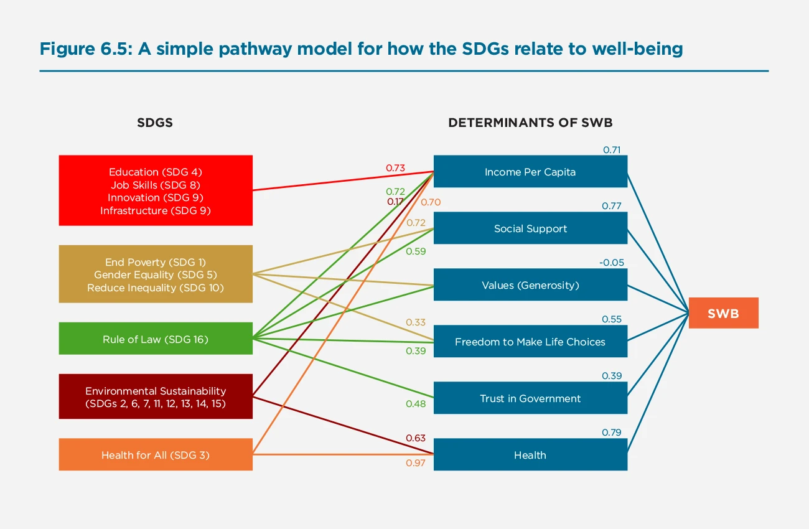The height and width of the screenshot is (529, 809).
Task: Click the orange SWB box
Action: [x=723, y=313]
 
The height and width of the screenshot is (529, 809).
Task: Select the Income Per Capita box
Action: [x=530, y=172]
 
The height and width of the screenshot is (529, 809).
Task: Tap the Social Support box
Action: [x=530, y=228]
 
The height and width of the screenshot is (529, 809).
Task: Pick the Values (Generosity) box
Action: [x=530, y=285]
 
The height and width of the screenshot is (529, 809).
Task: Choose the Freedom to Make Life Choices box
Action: [x=530, y=342]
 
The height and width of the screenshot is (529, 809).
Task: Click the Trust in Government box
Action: [x=530, y=398]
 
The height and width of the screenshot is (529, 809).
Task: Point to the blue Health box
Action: [x=530, y=455]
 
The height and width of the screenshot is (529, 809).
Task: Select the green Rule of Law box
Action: [x=156, y=339]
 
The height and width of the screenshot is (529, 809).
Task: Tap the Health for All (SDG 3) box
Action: [x=156, y=455]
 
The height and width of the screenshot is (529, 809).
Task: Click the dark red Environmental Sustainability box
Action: [x=156, y=396]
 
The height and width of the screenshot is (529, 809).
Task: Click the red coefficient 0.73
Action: [x=395, y=168]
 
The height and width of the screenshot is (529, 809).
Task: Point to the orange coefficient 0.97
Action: [x=416, y=464]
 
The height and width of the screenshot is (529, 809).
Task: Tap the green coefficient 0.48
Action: [x=416, y=404]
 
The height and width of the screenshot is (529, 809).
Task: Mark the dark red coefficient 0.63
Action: [x=416, y=438]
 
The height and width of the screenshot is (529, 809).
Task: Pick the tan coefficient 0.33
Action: [x=416, y=322]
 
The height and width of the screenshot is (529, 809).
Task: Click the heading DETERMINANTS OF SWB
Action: [x=530, y=123]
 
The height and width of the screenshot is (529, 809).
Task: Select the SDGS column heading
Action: [x=155, y=123]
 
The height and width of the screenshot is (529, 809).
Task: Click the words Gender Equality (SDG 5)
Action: [x=156, y=274]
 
